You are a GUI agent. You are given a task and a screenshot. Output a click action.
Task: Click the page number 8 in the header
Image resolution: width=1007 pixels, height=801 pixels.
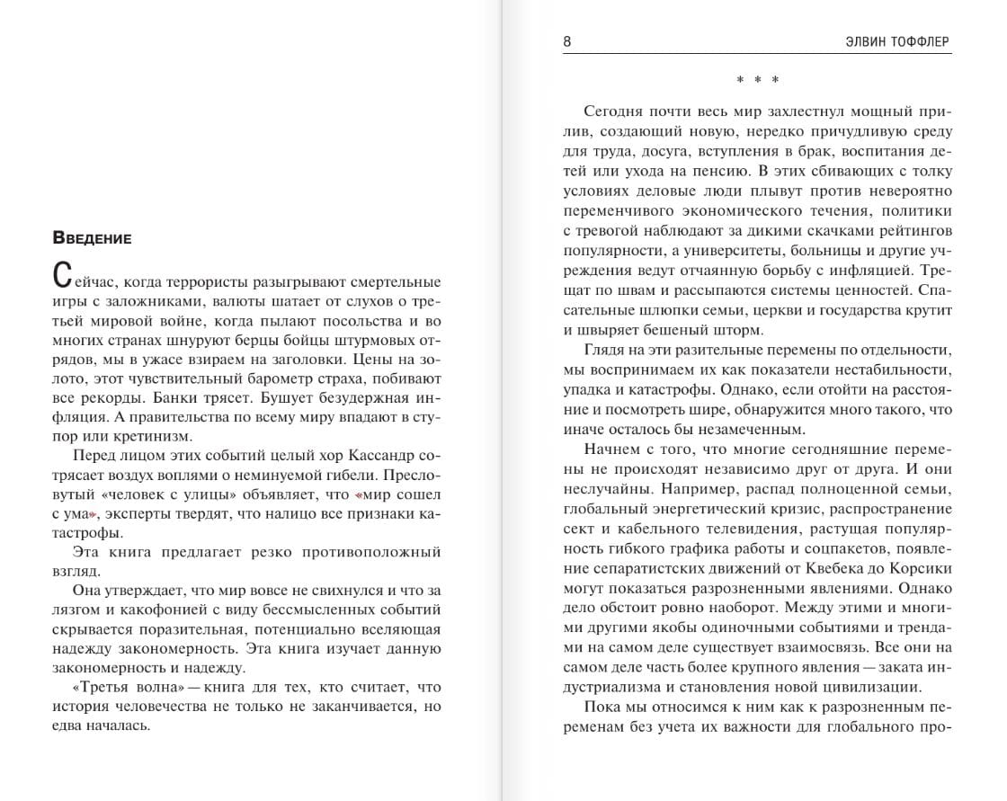(567, 41)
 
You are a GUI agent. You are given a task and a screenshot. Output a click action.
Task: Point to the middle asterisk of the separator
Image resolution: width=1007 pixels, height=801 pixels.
(758, 81)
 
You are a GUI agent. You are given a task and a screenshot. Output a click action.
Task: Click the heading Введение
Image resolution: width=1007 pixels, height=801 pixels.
(93, 238)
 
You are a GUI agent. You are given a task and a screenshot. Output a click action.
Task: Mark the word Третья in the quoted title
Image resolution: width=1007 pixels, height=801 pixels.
(100, 687)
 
